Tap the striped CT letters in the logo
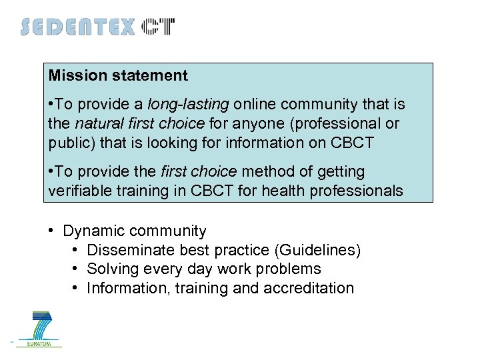tap(159, 27)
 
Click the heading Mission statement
tap(118, 76)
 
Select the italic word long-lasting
tap(188, 105)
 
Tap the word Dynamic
tap(93, 231)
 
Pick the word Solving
tap(110, 269)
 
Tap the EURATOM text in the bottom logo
tap(41, 343)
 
